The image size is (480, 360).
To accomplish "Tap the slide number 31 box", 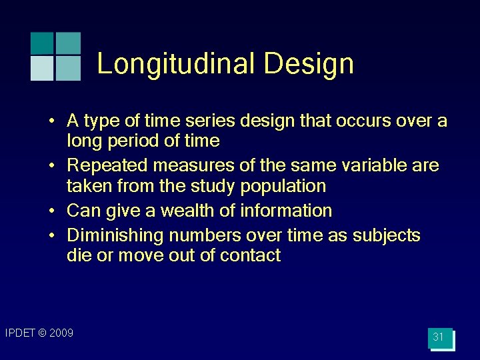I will click(439, 337).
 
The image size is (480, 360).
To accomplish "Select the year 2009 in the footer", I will click(61, 333).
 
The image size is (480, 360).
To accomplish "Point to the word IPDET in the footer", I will click(19, 333).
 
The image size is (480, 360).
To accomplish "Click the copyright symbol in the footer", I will click(42, 333).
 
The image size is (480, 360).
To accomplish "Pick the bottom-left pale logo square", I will click(42, 68).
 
